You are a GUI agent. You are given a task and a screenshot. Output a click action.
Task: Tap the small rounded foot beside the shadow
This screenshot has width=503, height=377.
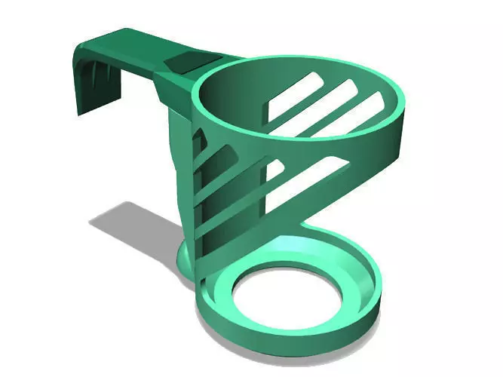(x=186, y=257)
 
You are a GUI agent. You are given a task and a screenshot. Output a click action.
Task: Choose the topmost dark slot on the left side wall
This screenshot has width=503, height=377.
(x=201, y=140)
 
